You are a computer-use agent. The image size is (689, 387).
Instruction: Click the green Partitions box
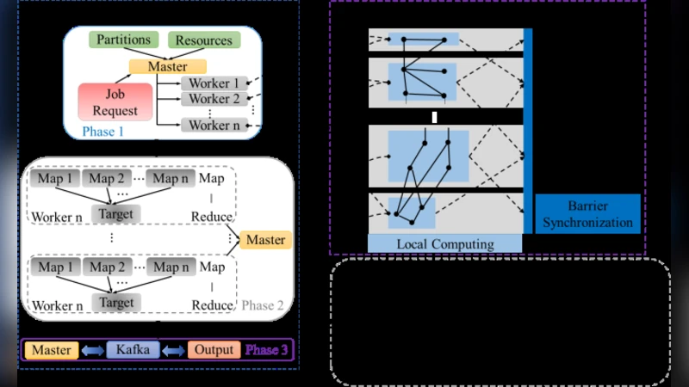[x=123, y=40]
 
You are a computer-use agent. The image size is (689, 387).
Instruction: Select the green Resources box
[x=203, y=40]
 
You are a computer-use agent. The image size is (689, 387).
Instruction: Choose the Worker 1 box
[x=210, y=83]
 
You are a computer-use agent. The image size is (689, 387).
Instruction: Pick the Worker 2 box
[x=210, y=99]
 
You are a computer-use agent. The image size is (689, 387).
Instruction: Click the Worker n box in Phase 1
[x=210, y=126]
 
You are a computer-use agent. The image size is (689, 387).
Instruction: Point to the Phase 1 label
[x=102, y=132]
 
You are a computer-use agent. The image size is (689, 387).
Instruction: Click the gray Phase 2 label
[x=263, y=305]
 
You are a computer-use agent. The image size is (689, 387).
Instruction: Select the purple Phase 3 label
[x=267, y=350]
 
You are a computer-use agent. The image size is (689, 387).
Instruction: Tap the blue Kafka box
[x=133, y=350]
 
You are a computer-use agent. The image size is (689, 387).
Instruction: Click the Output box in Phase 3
[x=213, y=350]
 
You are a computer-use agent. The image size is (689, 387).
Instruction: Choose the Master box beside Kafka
[x=52, y=350]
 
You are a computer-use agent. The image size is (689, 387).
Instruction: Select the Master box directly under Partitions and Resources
[x=168, y=66]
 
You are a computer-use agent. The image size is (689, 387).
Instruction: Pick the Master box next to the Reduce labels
[x=265, y=240]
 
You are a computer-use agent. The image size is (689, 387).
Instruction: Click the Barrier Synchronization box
[x=588, y=214]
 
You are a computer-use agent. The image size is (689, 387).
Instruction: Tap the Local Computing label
[x=445, y=244]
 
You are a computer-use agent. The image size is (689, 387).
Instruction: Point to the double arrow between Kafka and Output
[x=175, y=350]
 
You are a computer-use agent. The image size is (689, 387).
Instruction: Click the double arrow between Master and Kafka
[x=92, y=350]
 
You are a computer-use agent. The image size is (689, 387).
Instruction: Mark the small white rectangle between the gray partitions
[x=435, y=117]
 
